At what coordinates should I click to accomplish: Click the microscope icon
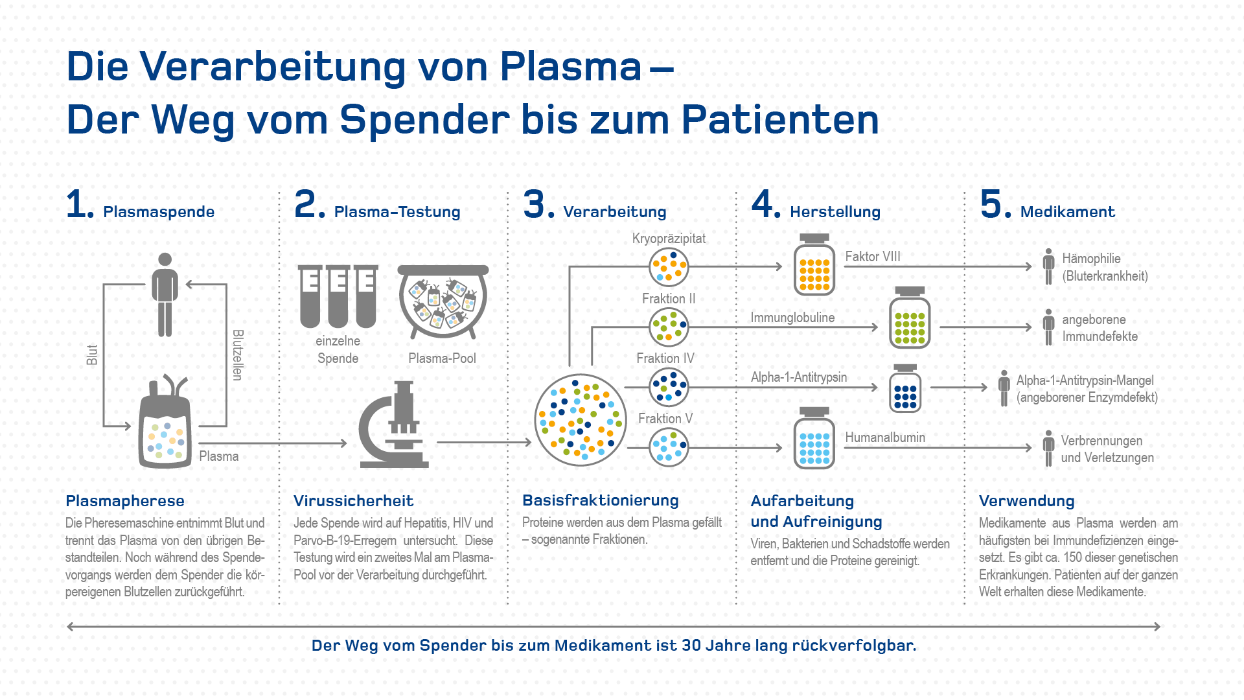pos(394,425)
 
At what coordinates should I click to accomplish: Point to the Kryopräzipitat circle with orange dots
pos(669,267)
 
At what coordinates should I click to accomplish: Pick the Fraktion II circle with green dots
pos(669,327)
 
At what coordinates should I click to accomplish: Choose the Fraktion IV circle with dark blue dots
pos(669,387)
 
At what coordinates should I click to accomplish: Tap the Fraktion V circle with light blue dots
pos(669,447)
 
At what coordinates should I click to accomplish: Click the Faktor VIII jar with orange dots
pos(814,266)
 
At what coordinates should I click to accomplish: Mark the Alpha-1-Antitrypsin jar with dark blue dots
pos(905,389)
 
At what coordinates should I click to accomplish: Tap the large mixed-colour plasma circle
pos(581,420)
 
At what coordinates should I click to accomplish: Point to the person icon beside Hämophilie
pos(1048,266)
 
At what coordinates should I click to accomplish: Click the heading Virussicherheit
pos(353,501)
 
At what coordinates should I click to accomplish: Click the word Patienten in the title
pos(780,120)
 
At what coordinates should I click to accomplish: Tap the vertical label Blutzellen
pos(238,355)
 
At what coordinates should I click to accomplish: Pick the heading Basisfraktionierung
pos(601,500)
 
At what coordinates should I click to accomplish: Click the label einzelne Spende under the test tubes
pos(338,349)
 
